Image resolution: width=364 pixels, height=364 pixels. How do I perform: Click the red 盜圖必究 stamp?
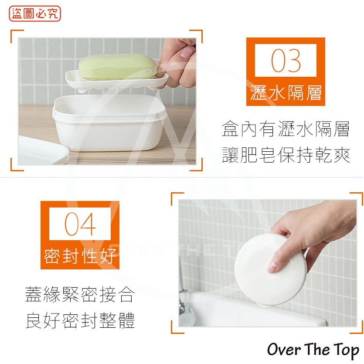tap(35, 14)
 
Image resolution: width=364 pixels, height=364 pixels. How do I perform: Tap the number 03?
tap(286, 61)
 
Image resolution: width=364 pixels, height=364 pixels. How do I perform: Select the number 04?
tap(80, 224)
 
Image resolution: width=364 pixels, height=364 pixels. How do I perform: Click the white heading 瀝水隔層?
tap(286, 93)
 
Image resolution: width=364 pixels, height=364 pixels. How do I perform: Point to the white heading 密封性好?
tap(80, 256)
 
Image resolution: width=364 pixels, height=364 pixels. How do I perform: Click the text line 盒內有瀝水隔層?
tap(286, 129)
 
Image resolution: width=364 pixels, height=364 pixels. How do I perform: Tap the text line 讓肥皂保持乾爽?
tap(286, 155)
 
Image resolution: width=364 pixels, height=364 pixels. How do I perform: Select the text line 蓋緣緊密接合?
tap(80, 294)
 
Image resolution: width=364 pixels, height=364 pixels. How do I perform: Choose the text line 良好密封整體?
tap(80, 320)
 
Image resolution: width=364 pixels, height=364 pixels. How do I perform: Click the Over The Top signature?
tap(313, 350)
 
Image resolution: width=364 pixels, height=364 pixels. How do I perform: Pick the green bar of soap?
tap(117, 67)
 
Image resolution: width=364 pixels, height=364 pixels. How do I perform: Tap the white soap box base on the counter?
tap(109, 122)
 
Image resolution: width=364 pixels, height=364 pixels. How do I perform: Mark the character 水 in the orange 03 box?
tap(276, 93)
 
